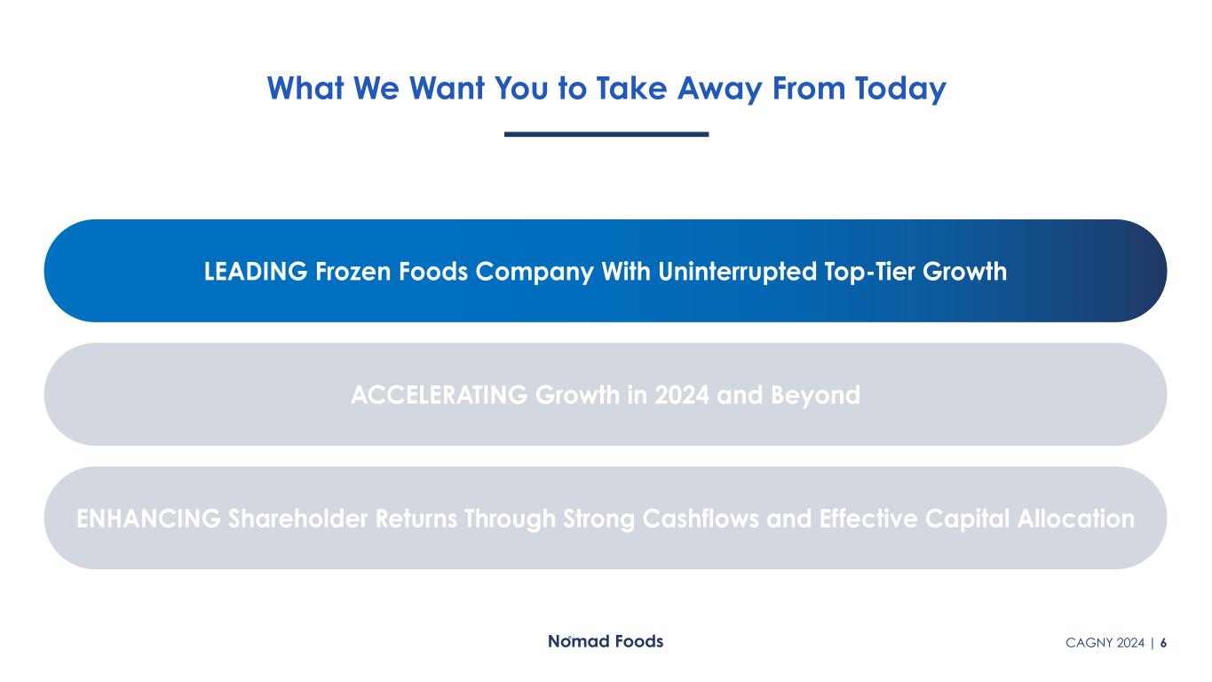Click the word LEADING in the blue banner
[256, 271]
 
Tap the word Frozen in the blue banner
[353, 271]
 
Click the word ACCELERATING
[439, 395]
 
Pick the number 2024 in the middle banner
[682, 395]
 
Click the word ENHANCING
[148, 519]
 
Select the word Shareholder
[298, 519]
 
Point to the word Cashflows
[701, 519]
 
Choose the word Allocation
[1075, 519]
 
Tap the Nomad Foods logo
[606, 641]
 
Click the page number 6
[1163, 643]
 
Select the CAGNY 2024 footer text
[1105, 643]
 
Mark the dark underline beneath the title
[606, 134]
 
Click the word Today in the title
[900, 89]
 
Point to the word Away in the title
[720, 89]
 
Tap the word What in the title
[305, 88]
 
